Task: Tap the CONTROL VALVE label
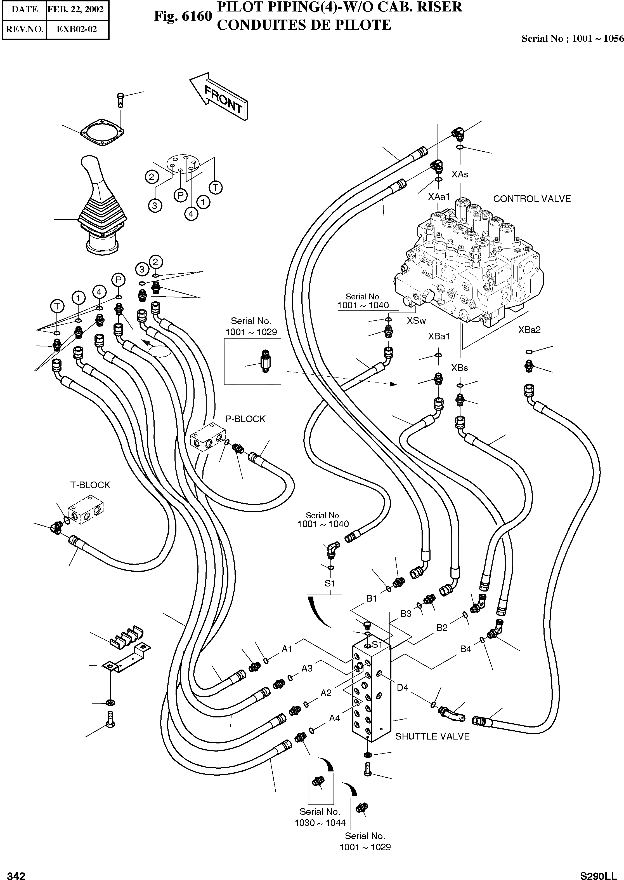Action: click(x=532, y=199)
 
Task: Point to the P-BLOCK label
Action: click(x=245, y=419)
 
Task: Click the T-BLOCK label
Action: click(x=90, y=485)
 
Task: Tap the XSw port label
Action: click(x=416, y=321)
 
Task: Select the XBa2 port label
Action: click(x=529, y=329)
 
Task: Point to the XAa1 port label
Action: click(x=439, y=197)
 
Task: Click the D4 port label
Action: click(x=402, y=688)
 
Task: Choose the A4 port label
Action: click(x=334, y=718)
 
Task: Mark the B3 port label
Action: click(x=406, y=614)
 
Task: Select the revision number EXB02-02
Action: click(x=77, y=29)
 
